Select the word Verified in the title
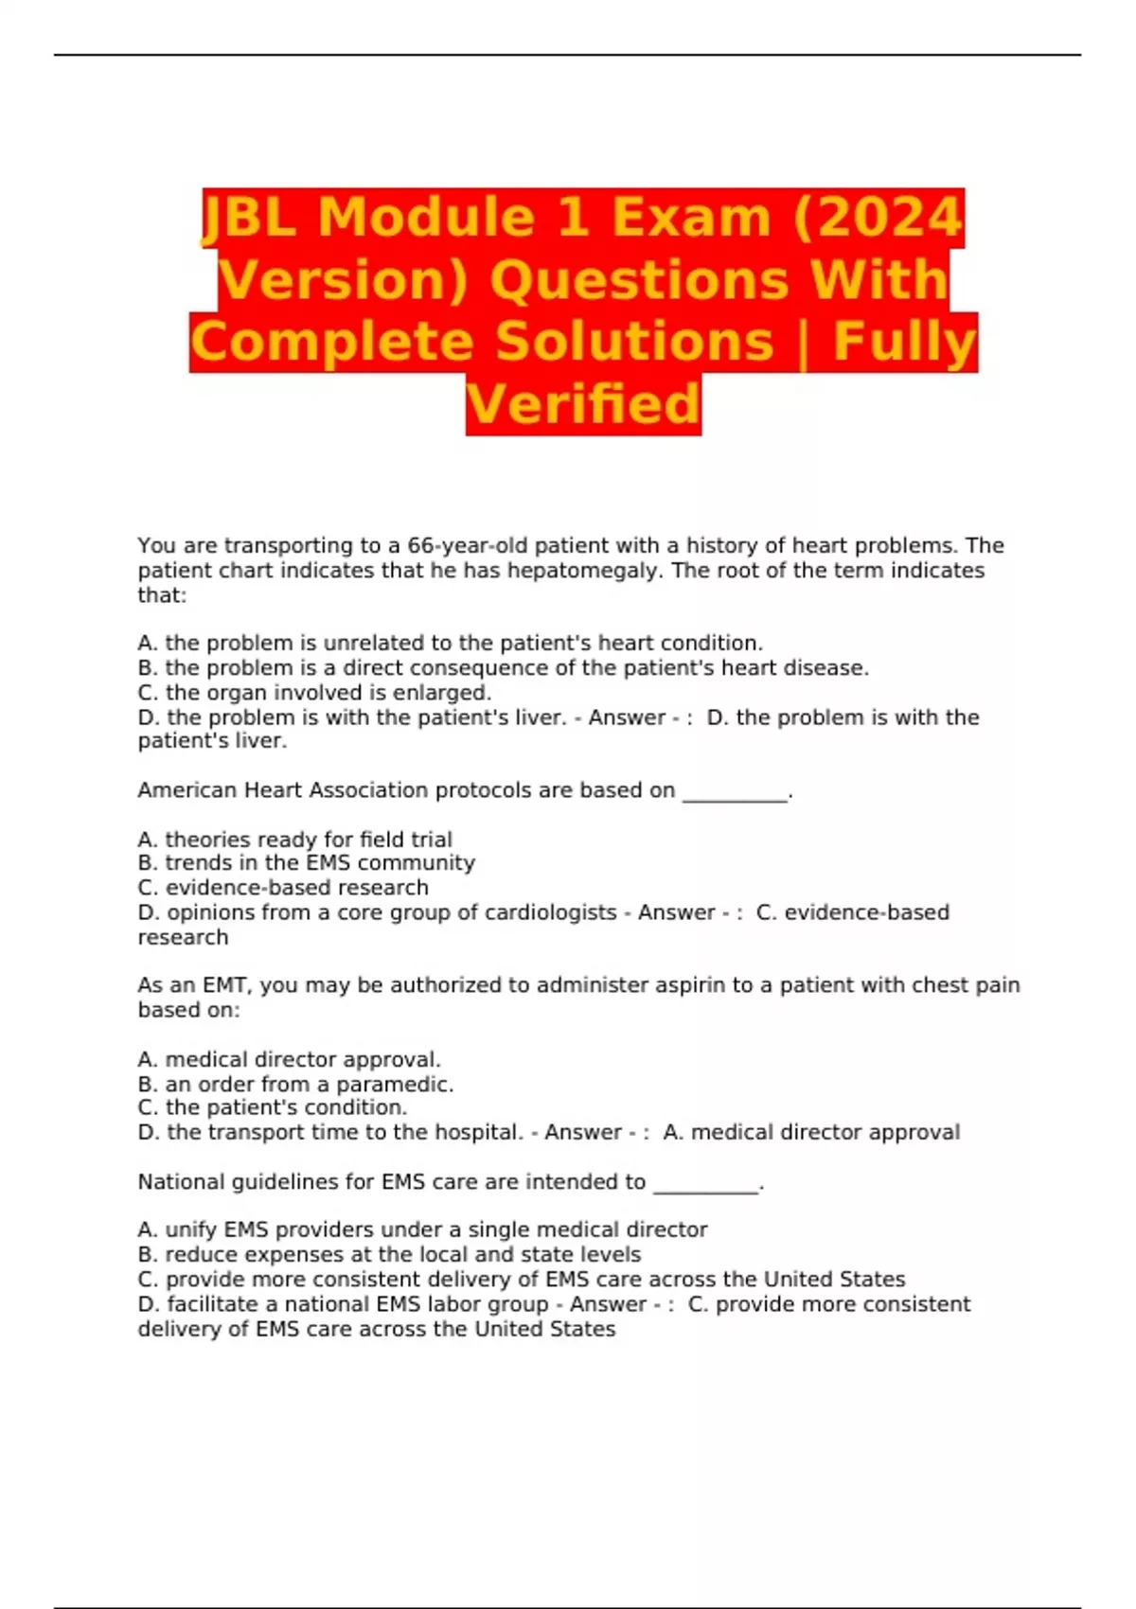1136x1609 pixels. point(583,404)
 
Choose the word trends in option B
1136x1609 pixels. point(195,863)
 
